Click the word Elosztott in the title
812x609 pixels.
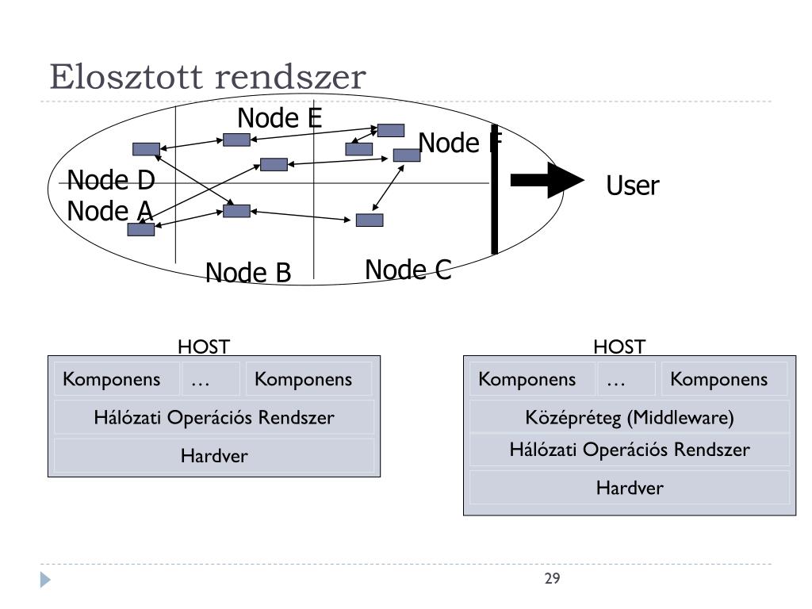tap(126, 77)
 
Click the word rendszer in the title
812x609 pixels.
tap(290, 77)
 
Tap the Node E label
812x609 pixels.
tap(280, 118)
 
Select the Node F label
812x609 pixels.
tap(461, 143)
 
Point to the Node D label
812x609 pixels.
tap(111, 180)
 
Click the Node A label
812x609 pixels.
tap(109, 211)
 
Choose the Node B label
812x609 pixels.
tap(248, 273)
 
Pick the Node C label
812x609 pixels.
tap(408, 270)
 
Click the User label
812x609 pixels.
tap(632, 186)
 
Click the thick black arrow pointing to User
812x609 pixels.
tap(547, 180)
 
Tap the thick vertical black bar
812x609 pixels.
tap(495, 190)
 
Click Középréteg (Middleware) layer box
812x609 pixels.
tap(629, 417)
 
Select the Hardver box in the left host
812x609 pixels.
tap(214, 456)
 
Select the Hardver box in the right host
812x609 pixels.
tap(629, 488)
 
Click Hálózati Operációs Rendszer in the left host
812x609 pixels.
tap(214, 417)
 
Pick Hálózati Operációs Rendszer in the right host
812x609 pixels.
tap(629, 450)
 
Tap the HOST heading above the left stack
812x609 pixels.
tap(204, 347)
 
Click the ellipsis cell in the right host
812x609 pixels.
tap(616, 379)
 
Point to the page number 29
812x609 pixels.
tap(552, 578)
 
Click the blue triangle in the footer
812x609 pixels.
tap(45, 580)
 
